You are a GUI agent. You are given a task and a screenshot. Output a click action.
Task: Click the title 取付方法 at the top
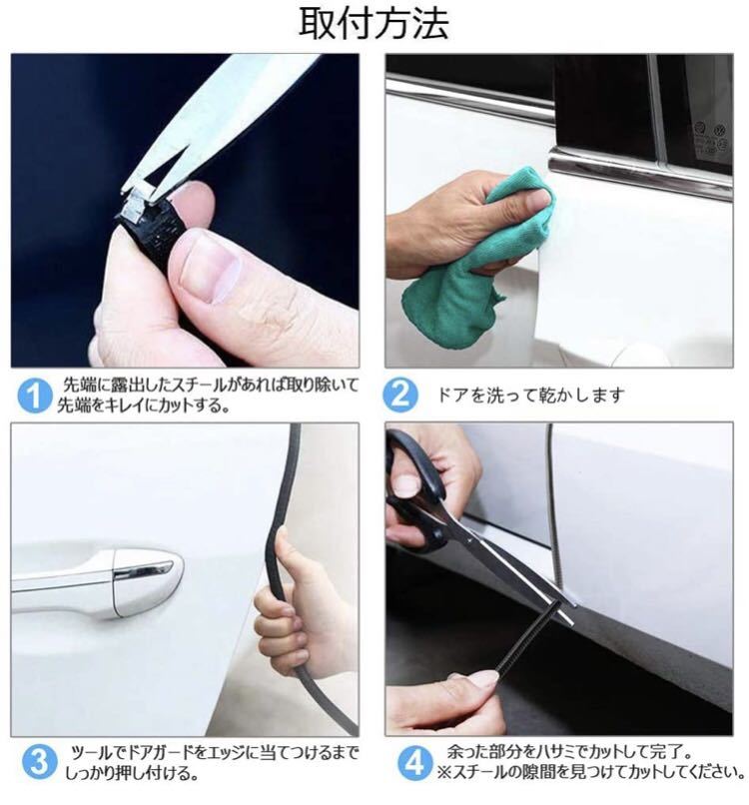point(374,24)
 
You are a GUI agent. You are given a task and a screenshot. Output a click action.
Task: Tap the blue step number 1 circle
point(35,396)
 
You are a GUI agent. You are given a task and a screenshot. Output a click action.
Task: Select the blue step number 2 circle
point(400,395)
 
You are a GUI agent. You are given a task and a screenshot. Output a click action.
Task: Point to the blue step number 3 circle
point(39,762)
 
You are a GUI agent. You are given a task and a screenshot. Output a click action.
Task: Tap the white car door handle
point(98,580)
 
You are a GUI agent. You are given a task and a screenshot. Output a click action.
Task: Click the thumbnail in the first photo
point(211,267)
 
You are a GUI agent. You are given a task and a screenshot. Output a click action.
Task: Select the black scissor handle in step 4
point(415,492)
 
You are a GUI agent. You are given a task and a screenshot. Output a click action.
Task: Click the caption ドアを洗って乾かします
point(531,395)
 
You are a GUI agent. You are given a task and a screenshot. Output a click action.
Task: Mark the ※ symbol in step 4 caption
point(443,772)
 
